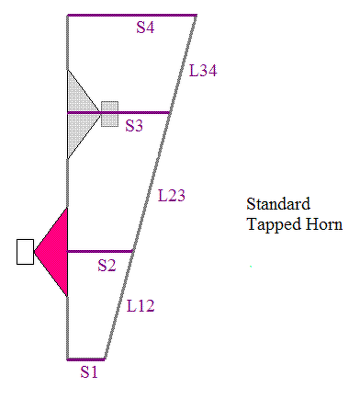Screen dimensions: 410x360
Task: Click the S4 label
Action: pos(145,28)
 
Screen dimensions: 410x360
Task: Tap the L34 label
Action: pos(203,71)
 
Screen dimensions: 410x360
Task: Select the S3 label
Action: pos(134,126)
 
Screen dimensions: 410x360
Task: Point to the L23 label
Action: pos(171,196)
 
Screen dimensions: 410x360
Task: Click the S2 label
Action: pos(107,265)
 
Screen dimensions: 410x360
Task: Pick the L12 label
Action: pos(140,306)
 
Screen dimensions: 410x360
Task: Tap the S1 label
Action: pos(89,372)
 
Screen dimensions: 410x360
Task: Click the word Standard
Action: pos(278,204)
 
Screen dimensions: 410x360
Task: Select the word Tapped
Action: pos(269,224)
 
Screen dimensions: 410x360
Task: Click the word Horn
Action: pos(324,224)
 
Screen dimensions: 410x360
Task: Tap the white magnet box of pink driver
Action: pos(25,252)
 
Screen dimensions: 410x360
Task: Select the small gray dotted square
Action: pos(110,114)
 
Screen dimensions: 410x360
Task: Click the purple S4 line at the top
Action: pos(132,15)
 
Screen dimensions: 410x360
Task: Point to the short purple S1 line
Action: pos(86,359)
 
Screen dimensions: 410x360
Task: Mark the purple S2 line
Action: pos(100,251)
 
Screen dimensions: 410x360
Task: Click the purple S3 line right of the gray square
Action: pos(144,113)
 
